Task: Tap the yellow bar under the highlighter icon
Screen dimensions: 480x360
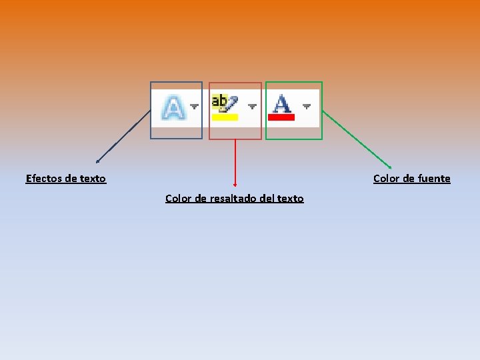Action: [225, 117]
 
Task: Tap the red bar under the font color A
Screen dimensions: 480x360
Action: [281, 117]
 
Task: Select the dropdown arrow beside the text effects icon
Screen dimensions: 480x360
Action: [194, 106]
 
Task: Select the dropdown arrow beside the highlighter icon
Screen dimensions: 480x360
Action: [252, 106]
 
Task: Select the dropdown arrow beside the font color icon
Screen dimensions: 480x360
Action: [307, 106]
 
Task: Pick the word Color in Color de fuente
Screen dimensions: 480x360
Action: [386, 179]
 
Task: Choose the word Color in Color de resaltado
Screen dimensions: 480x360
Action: [178, 199]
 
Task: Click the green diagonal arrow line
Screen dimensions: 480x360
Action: [357, 139]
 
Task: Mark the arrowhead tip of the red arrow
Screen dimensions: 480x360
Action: [235, 185]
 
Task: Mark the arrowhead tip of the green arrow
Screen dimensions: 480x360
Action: [391, 167]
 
